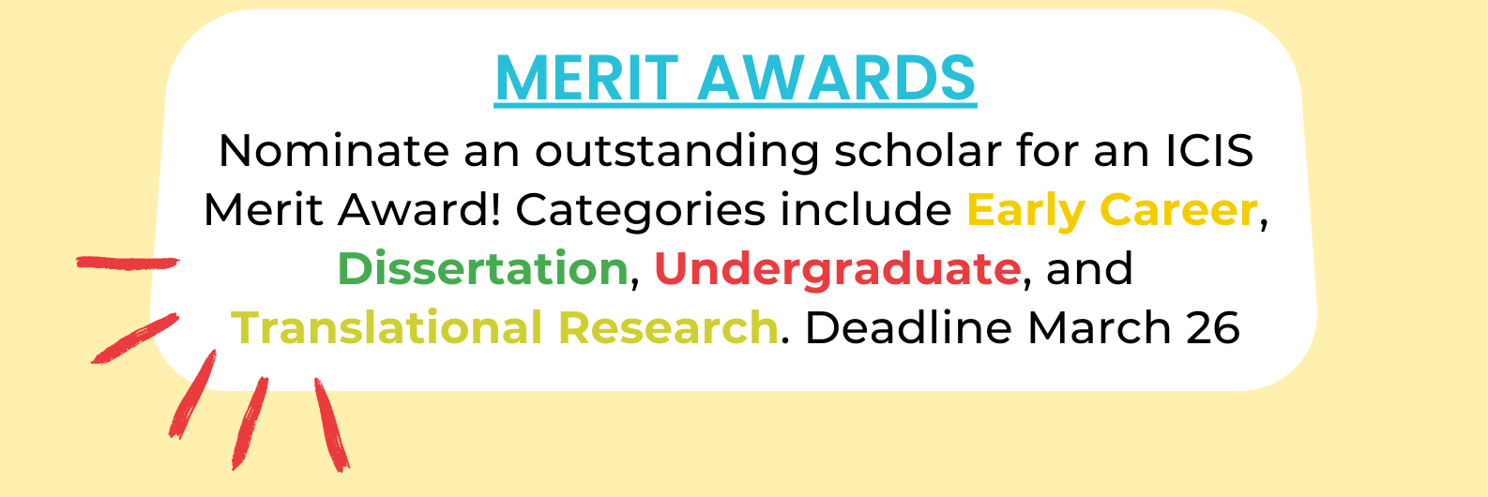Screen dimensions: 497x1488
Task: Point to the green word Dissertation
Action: [x=482, y=269]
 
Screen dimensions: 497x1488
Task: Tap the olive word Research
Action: [x=667, y=328]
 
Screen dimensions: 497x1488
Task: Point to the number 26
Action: [x=1210, y=328]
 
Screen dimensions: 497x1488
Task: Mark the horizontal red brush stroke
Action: [x=128, y=263]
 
